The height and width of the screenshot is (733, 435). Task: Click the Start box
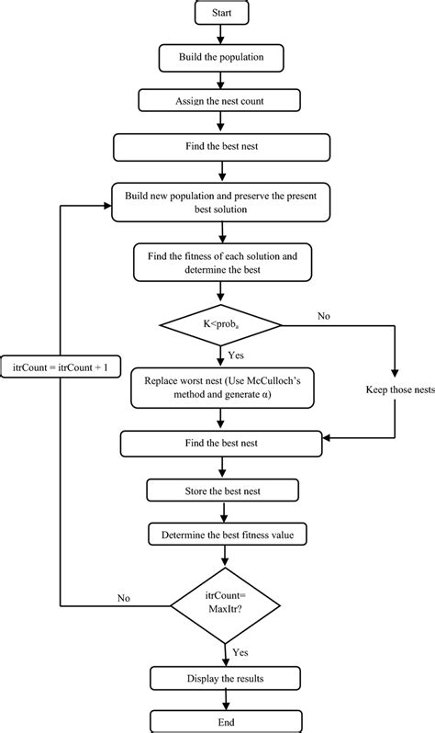(221, 14)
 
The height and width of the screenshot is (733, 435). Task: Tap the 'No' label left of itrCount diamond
(123, 597)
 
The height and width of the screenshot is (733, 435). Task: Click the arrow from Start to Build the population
(221, 34)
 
